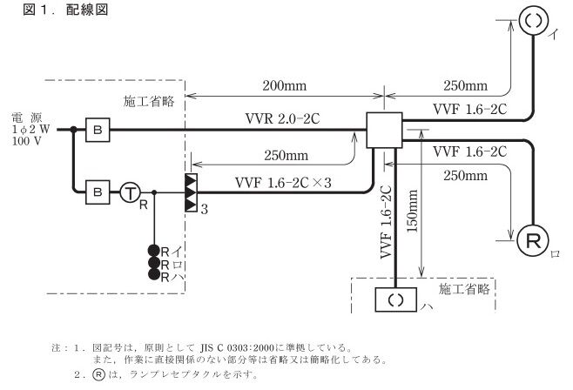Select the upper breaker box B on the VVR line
[97, 130]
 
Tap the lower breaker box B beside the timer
[97, 191]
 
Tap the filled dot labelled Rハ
[153, 275]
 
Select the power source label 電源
[24, 116]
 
